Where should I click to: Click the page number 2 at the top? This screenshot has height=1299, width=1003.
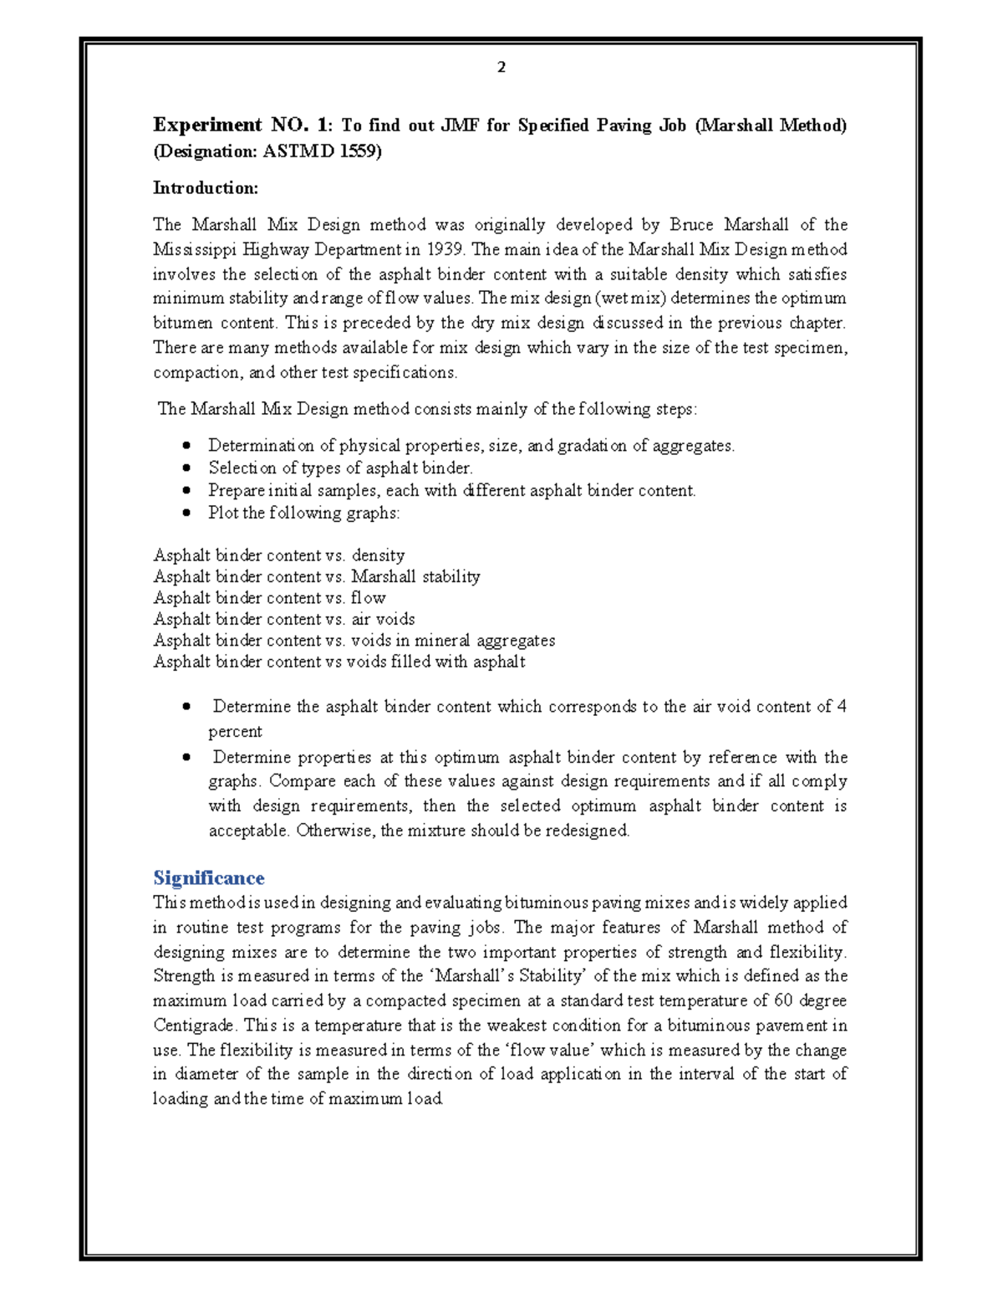(x=501, y=67)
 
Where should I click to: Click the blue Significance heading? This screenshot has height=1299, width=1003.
(x=208, y=877)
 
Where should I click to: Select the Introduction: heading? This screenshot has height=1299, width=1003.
(x=205, y=188)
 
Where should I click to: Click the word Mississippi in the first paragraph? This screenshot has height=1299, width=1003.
(x=195, y=249)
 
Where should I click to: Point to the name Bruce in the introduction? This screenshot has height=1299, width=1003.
(x=691, y=224)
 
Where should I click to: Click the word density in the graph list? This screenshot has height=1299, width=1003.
(x=378, y=555)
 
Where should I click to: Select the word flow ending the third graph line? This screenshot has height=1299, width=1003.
(x=368, y=598)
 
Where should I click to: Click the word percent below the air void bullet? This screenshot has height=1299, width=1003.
(x=235, y=732)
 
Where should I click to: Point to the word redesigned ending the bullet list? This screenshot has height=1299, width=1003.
(x=588, y=831)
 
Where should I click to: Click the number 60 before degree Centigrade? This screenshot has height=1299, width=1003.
(x=783, y=1000)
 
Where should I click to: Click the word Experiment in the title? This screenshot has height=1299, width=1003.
(x=207, y=125)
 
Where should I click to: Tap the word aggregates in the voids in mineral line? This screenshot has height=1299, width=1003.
(x=516, y=641)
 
